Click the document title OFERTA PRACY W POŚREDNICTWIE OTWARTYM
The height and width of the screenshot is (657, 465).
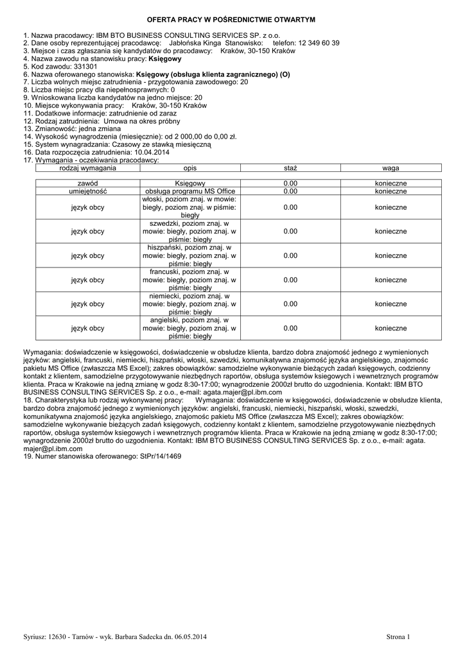pyautogui.click(x=232, y=21)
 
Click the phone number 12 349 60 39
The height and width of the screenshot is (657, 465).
pyautogui.click(x=319, y=42)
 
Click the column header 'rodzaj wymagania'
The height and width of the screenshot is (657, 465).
pyautogui.click(x=87, y=167)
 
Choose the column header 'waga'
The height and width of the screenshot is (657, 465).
pyautogui.click(x=390, y=167)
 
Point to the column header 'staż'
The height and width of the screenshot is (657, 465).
pyautogui.click(x=290, y=167)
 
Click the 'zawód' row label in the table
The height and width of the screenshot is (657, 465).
pyautogui.click(x=87, y=183)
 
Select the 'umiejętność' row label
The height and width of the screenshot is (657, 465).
pyautogui.click(x=87, y=191)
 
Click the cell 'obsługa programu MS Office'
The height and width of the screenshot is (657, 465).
pyautogui.click(x=190, y=191)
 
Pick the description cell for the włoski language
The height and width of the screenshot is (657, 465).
pyautogui.click(x=190, y=207)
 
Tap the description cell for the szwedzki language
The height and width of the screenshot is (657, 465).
pyautogui.click(x=190, y=231)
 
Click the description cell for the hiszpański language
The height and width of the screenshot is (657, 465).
pyautogui.click(x=190, y=255)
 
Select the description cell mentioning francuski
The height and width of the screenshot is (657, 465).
pyautogui.click(x=190, y=280)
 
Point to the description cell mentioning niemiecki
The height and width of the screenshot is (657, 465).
pyautogui.click(x=190, y=304)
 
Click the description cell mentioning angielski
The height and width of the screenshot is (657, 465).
pyautogui.click(x=190, y=328)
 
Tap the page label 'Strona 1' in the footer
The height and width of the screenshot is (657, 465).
pyautogui.click(x=398, y=636)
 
